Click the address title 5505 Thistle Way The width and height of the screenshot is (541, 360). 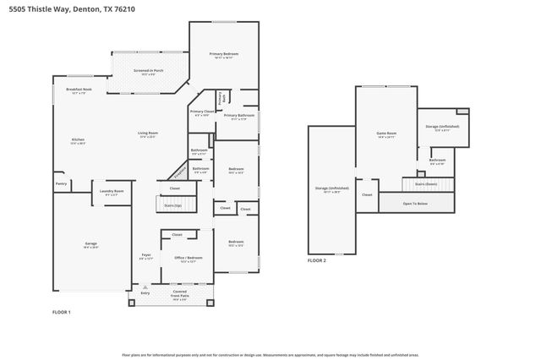[x=67, y=8]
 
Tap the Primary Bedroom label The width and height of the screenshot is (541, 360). [x=224, y=54]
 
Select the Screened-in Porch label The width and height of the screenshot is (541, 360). [x=148, y=72]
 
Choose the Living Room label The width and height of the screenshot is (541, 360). [x=149, y=134]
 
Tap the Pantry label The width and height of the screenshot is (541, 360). [x=61, y=183]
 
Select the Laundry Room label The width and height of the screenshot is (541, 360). [x=112, y=191]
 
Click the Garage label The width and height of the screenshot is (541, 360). [x=90, y=244]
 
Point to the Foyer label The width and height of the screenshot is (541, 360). [x=145, y=256]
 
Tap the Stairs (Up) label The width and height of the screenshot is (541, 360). [x=172, y=205]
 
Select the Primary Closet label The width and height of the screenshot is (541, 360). [x=202, y=112]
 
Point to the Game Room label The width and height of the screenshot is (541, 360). [x=386, y=133]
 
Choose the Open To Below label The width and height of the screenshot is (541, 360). [x=414, y=203]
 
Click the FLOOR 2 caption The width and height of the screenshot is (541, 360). [x=317, y=260]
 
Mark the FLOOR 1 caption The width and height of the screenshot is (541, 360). [x=62, y=312]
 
